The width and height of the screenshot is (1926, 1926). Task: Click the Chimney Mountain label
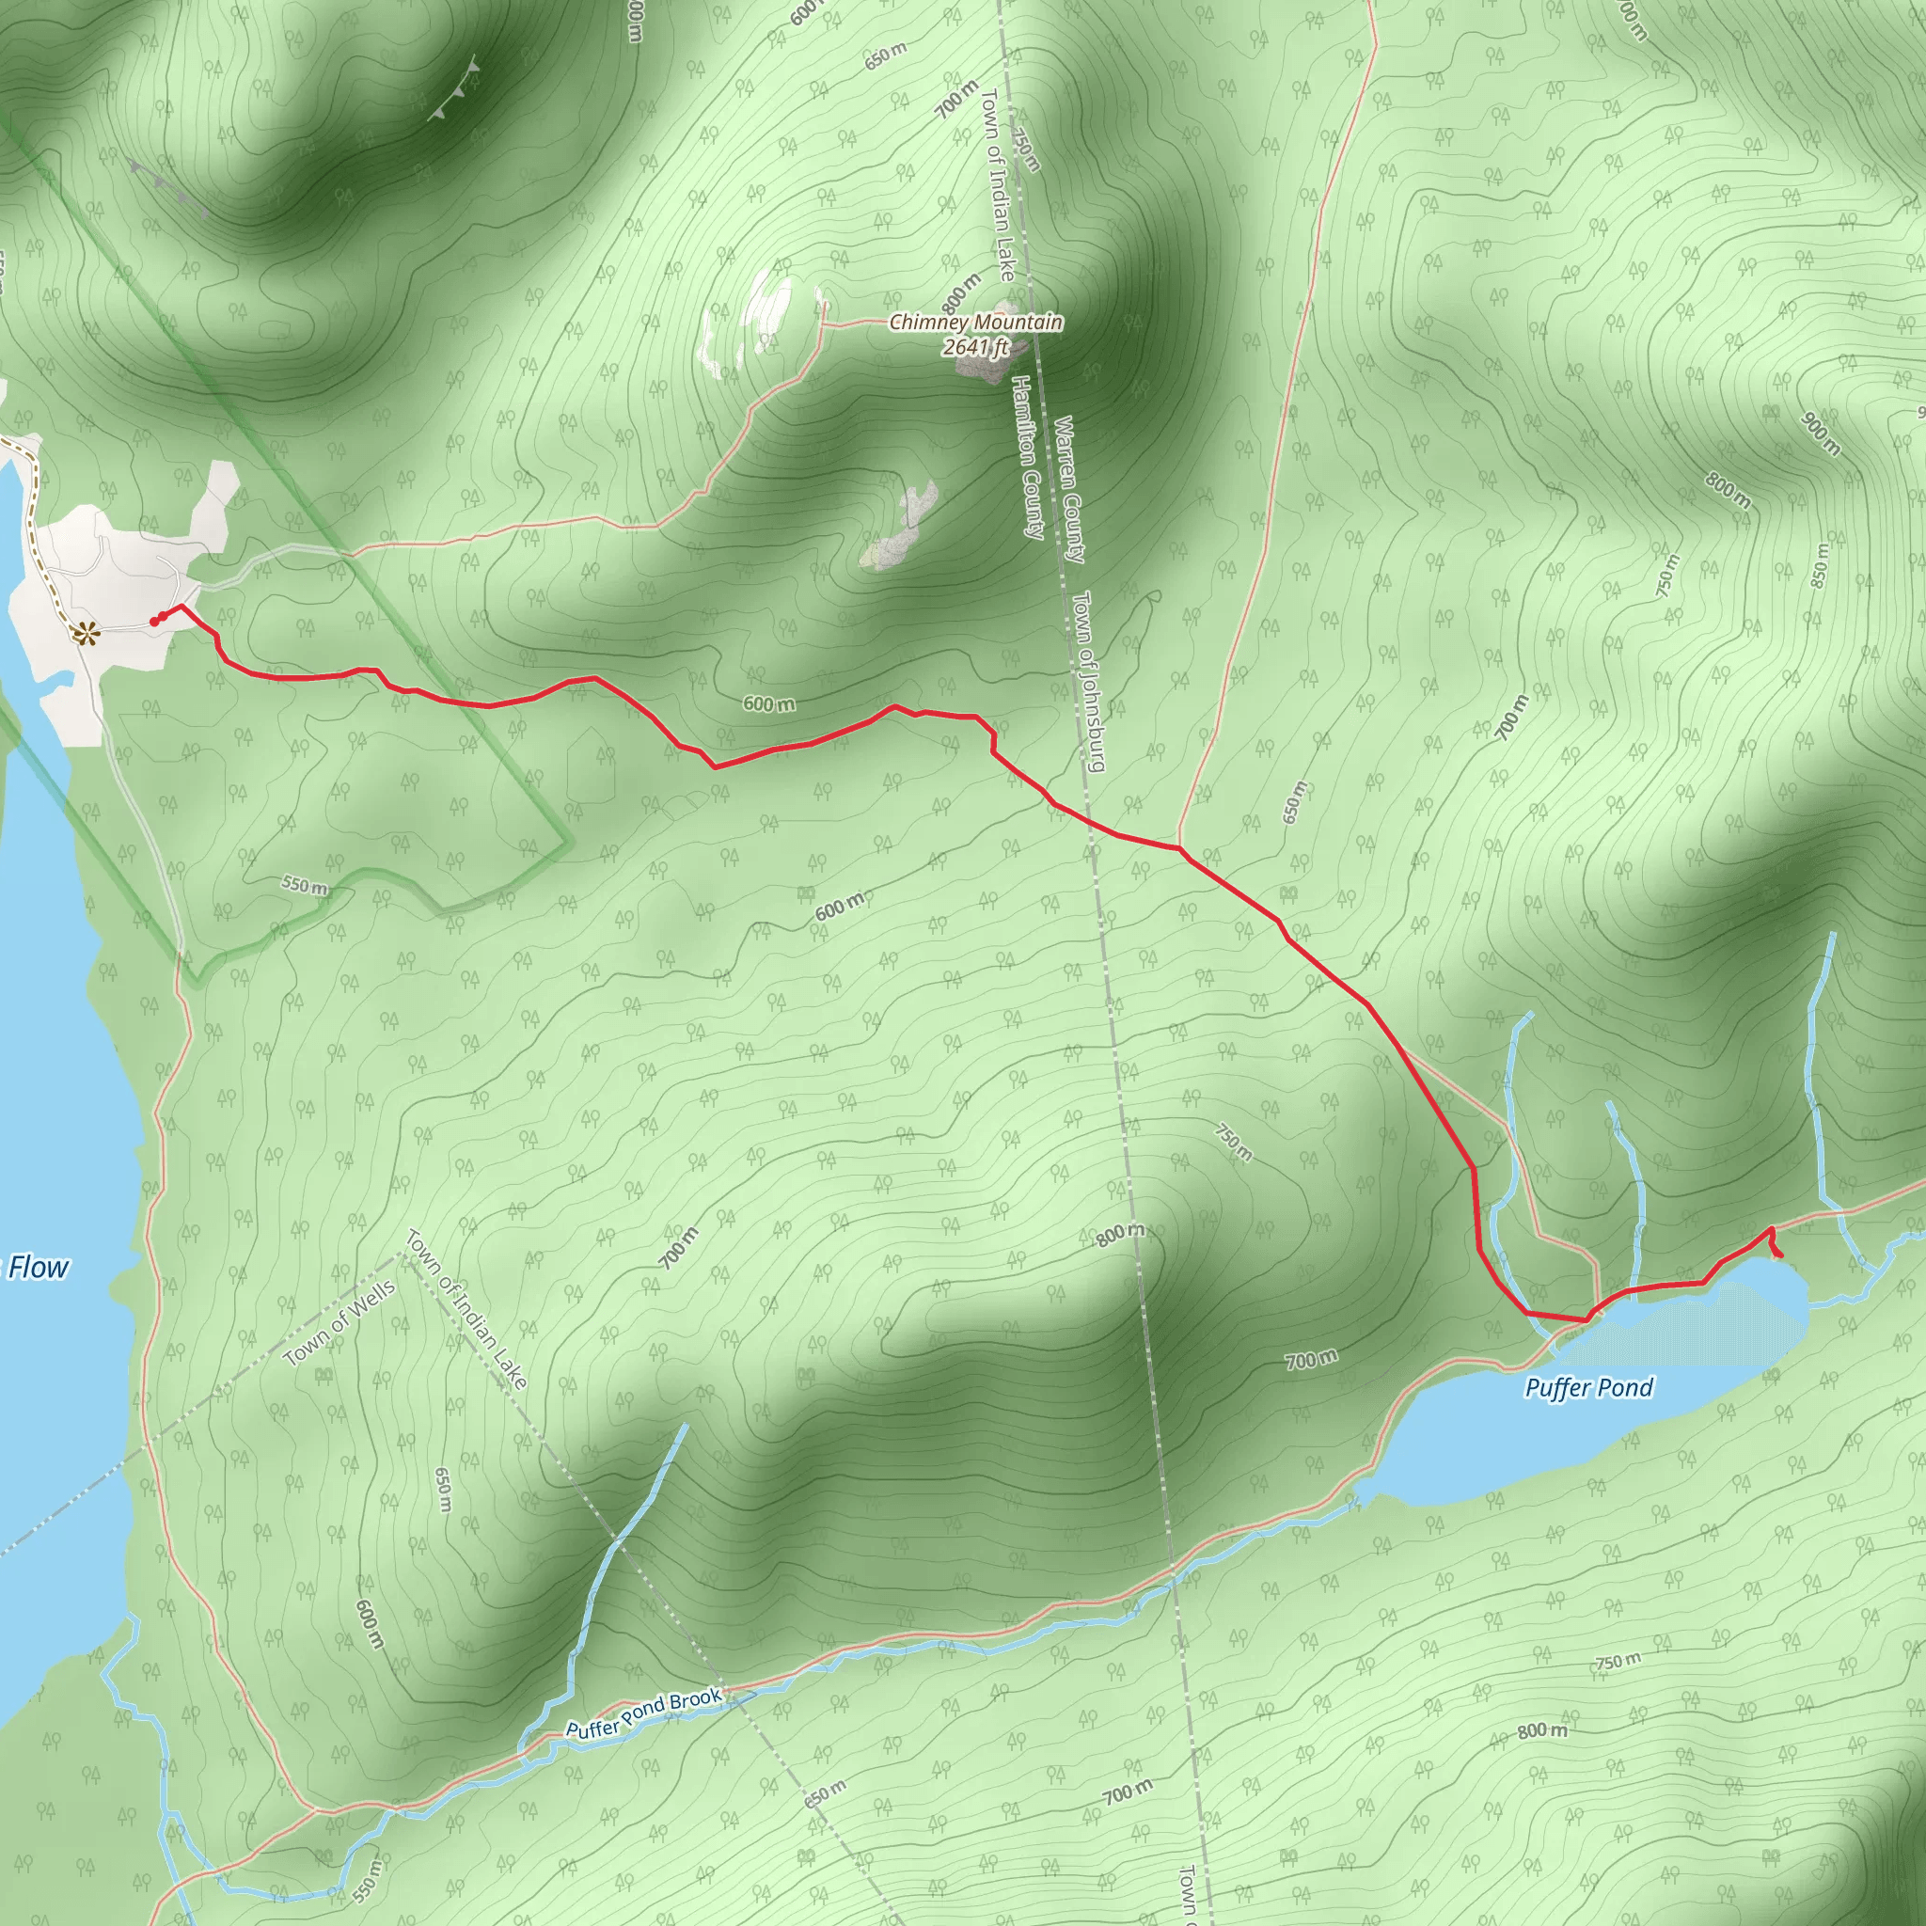tap(975, 322)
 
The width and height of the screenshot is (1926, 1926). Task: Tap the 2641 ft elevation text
tap(976, 347)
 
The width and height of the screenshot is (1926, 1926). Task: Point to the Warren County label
tap(1067, 489)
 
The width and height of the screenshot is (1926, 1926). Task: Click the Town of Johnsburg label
tap(1089, 682)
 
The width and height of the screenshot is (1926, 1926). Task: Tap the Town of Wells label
tap(339, 1323)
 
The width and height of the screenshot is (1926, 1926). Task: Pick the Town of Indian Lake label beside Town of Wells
tap(466, 1309)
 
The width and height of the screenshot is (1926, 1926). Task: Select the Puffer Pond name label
tap(1589, 1388)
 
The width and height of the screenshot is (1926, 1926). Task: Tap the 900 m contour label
tap(1822, 434)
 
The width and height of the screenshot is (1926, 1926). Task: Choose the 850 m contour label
tap(1821, 565)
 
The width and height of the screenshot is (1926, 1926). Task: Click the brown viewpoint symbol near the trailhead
tap(87, 631)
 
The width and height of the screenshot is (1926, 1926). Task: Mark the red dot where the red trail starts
tap(153, 621)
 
